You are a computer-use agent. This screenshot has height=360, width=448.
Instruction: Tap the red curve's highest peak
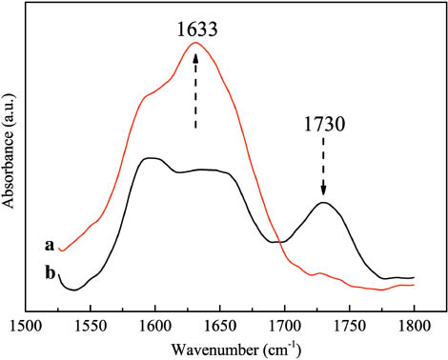click(194, 42)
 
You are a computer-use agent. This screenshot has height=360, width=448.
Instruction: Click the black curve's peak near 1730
click(323, 202)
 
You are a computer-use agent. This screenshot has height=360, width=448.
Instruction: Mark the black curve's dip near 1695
click(278, 242)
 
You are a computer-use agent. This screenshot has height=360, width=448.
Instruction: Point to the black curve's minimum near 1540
click(73, 289)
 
